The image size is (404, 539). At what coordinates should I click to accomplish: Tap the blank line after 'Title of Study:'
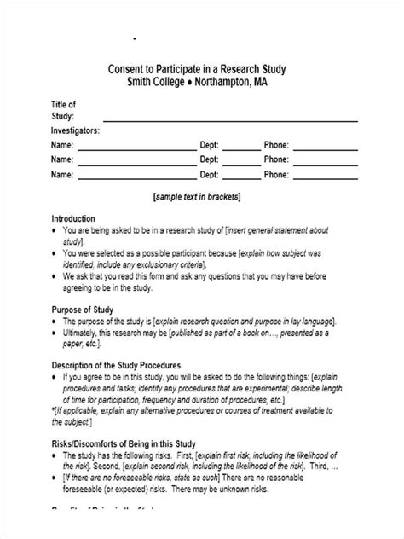(x=226, y=119)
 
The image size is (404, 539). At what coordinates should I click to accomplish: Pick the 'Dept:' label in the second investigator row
(x=210, y=159)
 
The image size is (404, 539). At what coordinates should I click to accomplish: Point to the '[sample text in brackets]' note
(x=198, y=195)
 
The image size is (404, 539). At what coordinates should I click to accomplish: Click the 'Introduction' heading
(x=74, y=218)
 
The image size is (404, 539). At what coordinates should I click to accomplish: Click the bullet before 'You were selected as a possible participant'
(x=55, y=253)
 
